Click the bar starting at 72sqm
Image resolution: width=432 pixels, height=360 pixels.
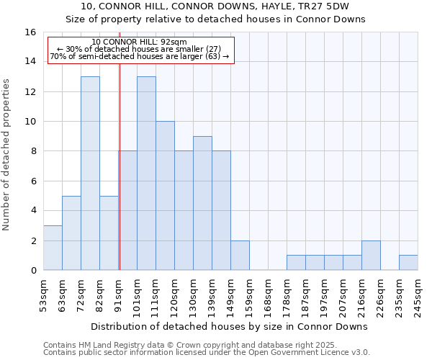click(x=90, y=173)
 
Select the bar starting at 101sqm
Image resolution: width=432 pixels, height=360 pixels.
click(x=146, y=173)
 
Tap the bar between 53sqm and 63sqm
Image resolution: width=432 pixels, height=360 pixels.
click(x=53, y=248)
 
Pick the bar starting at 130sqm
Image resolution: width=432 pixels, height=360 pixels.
click(x=202, y=203)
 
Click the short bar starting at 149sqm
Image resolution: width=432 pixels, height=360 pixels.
click(x=240, y=256)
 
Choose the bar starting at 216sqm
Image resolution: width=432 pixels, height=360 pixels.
click(x=371, y=256)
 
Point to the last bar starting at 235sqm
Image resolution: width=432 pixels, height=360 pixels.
click(x=408, y=263)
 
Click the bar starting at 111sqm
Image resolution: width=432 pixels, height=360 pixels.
click(x=165, y=196)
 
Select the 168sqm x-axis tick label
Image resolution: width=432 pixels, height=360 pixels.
click(x=268, y=293)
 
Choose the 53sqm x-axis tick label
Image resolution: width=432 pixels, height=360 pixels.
click(x=43, y=293)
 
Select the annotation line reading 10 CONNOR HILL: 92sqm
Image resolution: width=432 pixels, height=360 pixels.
click(x=140, y=42)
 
